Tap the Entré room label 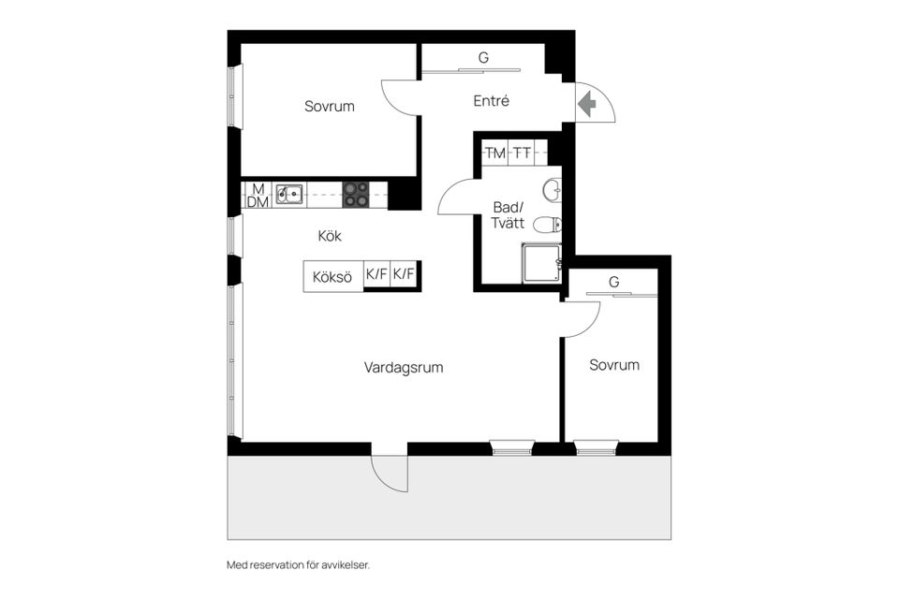(x=491, y=101)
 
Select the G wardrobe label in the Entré (x=483, y=58)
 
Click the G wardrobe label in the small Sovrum (x=613, y=282)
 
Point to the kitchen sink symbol (x=289, y=194)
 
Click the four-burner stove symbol (x=356, y=194)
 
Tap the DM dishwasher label (x=256, y=202)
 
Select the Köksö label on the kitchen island (x=332, y=276)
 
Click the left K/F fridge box (x=376, y=275)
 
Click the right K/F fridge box (x=405, y=275)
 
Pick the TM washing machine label (x=494, y=153)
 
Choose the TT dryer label (x=522, y=153)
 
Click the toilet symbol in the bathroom (x=547, y=225)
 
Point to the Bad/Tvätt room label (x=508, y=216)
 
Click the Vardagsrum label (x=404, y=368)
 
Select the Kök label (x=330, y=237)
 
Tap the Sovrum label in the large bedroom (x=330, y=107)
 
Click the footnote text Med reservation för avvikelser (x=305, y=565)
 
